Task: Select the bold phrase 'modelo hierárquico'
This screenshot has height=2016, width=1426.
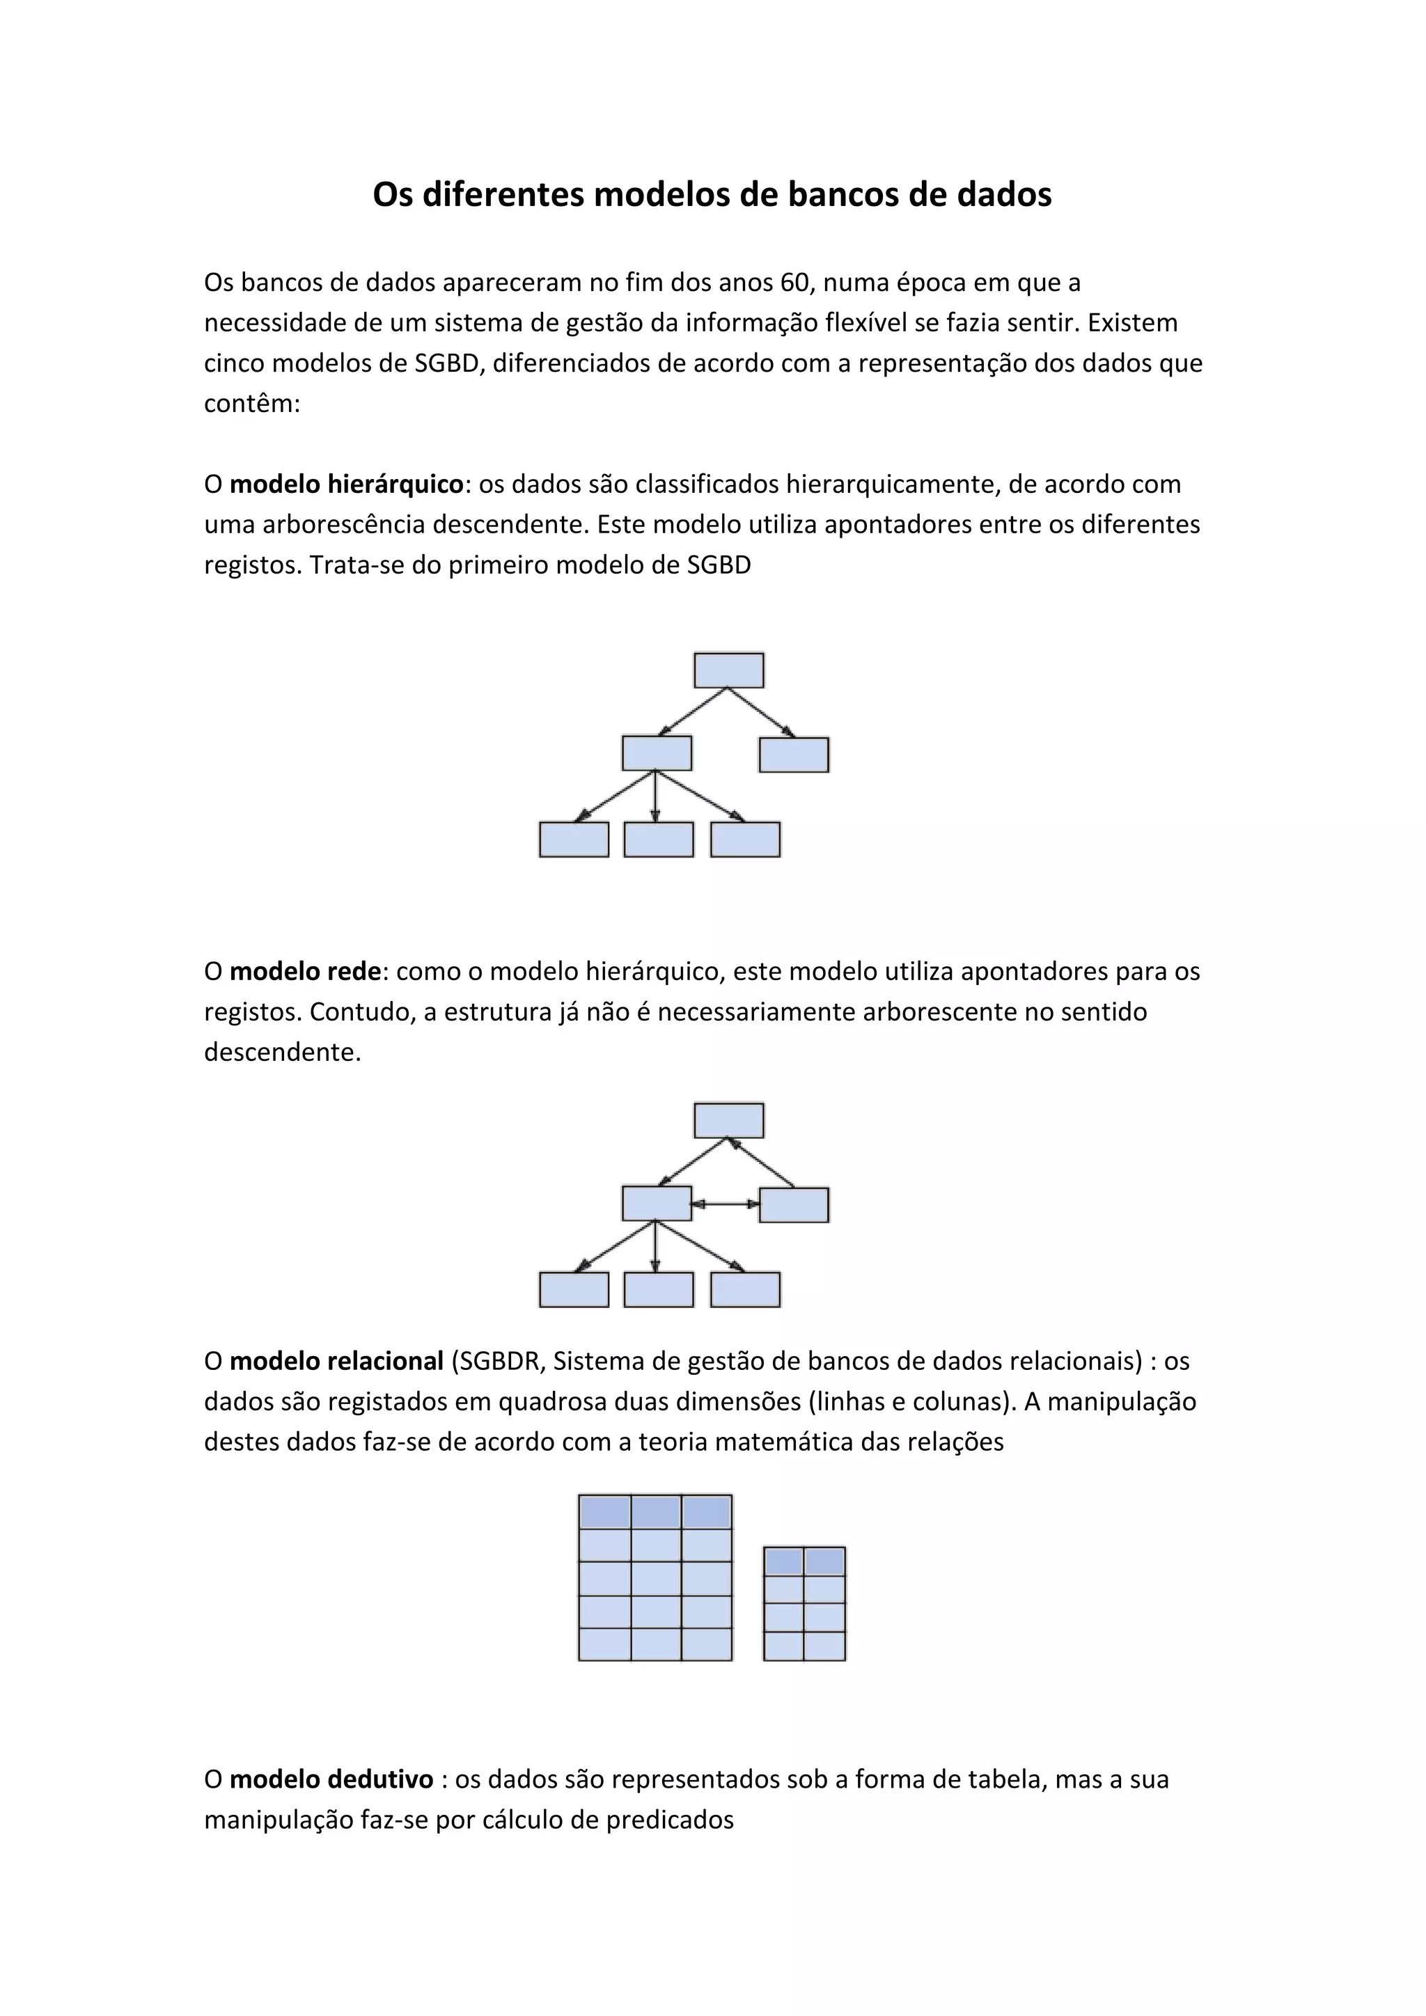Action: coord(347,484)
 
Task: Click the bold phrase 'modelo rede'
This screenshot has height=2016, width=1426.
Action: coord(306,971)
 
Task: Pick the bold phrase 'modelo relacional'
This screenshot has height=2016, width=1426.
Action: coord(336,1361)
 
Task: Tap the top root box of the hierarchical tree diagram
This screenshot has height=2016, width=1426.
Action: coord(729,670)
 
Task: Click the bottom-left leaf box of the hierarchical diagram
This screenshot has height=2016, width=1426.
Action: coord(574,840)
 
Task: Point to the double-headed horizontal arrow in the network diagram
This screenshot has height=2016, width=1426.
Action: coord(726,1204)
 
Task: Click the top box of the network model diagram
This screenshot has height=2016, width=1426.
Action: coord(729,1120)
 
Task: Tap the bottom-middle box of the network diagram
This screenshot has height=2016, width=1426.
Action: coord(659,1290)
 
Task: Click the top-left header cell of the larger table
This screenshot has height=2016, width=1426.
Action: coord(604,1512)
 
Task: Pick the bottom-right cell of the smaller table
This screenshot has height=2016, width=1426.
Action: coord(824,1646)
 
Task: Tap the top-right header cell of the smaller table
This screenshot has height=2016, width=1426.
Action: coord(824,1561)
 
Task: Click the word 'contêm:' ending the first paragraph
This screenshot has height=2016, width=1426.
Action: coord(252,404)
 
